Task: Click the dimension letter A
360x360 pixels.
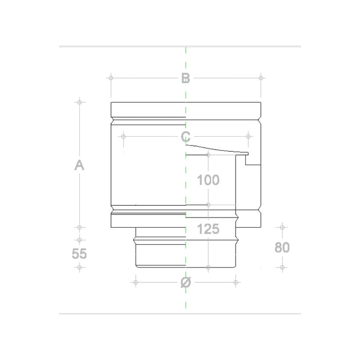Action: (x=79, y=165)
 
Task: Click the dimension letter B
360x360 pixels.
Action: (x=186, y=78)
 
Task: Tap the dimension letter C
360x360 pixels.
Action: (x=186, y=137)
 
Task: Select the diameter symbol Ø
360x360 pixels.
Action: (x=186, y=282)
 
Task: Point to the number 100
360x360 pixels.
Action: (x=208, y=180)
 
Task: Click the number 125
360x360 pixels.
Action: (x=208, y=229)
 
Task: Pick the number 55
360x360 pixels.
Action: (x=79, y=254)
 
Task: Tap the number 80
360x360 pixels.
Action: (x=282, y=247)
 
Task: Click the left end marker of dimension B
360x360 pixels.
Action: (x=111, y=78)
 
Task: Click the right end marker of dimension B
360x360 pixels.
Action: (x=261, y=78)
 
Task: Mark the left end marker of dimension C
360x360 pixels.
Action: (x=123, y=137)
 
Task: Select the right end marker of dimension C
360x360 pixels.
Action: (x=248, y=137)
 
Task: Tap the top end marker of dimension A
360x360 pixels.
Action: (x=79, y=102)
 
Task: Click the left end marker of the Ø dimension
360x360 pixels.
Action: (x=136, y=282)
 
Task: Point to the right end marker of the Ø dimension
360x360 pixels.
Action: (x=236, y=282)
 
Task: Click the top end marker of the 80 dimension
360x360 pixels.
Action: (x=282, y=227)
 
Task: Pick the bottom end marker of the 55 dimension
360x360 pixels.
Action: (x=79, y=267)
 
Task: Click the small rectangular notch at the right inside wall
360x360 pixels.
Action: (x=253, y=160)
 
